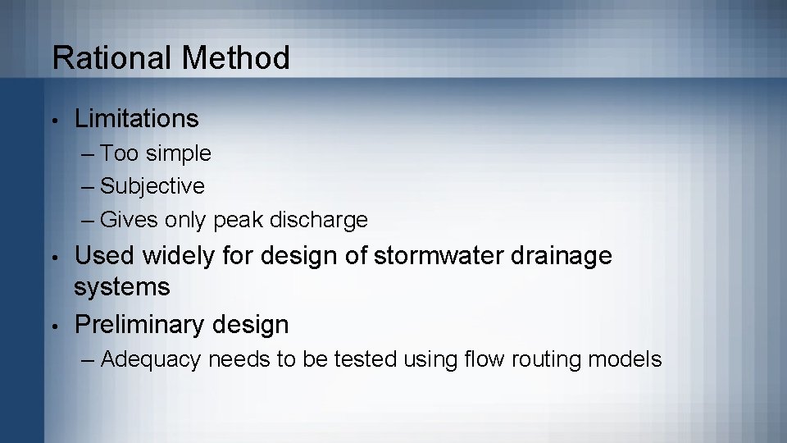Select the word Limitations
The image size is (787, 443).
click(136, 119)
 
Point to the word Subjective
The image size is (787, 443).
click(152, 186)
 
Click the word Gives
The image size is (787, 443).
click(130, 221)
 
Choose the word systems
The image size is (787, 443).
click(122, 287)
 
